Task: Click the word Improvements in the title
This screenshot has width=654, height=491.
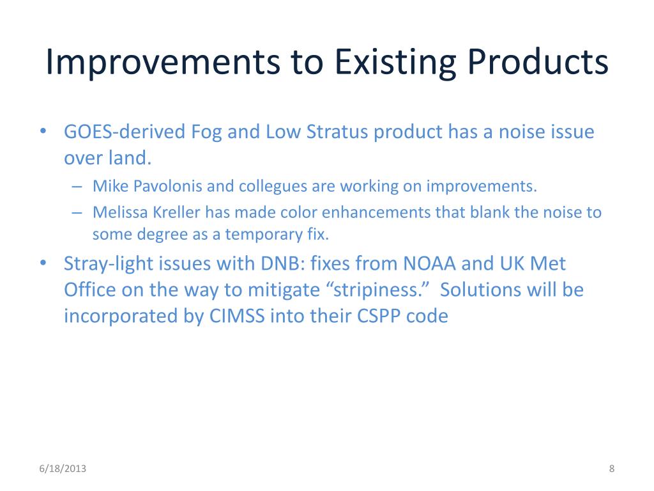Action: click(x=163, y=62)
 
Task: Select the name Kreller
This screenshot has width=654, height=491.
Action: click(x=176, y=212)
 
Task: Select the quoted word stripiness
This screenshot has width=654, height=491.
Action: click(x=381, y=290)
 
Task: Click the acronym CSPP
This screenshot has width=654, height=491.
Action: click(x=379, y=316)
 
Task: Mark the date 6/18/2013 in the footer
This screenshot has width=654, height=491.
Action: click(x=63, y=469)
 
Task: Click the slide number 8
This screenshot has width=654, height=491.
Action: click(x=611, y=469)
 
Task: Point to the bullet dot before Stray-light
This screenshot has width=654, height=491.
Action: click(x=43, y=263)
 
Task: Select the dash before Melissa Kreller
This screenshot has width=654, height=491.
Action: click(x=77, y=212)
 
